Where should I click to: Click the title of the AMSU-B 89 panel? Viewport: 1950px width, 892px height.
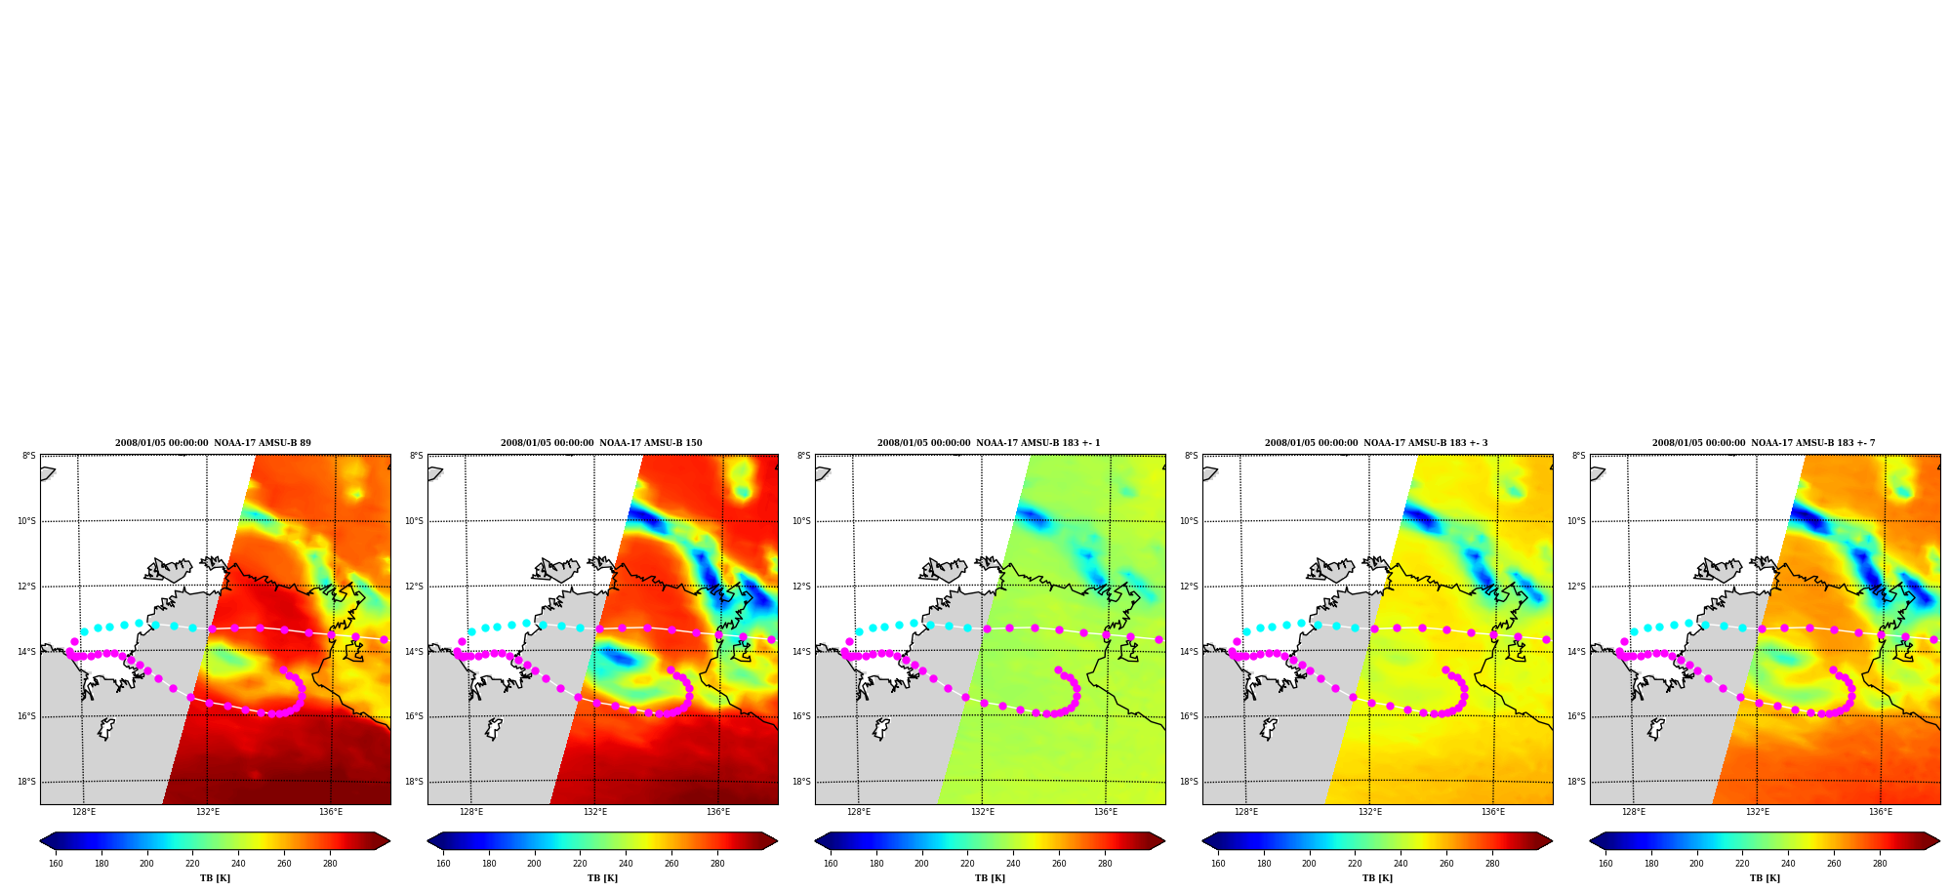coord(213,443)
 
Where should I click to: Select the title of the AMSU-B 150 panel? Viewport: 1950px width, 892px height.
coord(601,443)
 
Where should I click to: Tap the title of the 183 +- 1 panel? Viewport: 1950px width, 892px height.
coord(989,443)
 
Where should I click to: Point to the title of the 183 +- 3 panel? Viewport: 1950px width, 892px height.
coord(1376,443)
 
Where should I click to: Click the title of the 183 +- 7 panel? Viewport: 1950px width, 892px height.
coord(1764,443)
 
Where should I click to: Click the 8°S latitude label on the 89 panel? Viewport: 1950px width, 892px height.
coord(29,456)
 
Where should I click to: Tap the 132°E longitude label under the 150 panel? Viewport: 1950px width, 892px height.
coord(595,812)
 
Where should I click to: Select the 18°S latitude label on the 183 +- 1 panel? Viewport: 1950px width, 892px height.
coord(801,782)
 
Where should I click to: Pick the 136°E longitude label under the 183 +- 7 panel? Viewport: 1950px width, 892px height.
coord(1881,812)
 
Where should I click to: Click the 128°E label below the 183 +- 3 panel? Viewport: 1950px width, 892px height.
coord(1246,812)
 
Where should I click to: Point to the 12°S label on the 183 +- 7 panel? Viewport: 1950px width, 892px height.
coord(1576,587)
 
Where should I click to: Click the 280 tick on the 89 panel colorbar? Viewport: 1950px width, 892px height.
coord(330,864)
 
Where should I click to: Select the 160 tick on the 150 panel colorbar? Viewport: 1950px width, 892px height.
coord(443,864)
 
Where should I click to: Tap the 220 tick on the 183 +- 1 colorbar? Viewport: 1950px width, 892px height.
coord(967,864)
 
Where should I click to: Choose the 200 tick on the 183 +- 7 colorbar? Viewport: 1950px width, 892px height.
coord(1696,864)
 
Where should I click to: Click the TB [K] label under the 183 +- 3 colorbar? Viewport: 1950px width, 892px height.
coord(1377,878)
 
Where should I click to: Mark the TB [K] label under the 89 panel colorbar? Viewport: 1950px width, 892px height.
coord(215,878)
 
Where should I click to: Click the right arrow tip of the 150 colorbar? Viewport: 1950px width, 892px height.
coord(778,841)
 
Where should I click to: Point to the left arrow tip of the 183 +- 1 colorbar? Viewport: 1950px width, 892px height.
coord(815,841)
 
